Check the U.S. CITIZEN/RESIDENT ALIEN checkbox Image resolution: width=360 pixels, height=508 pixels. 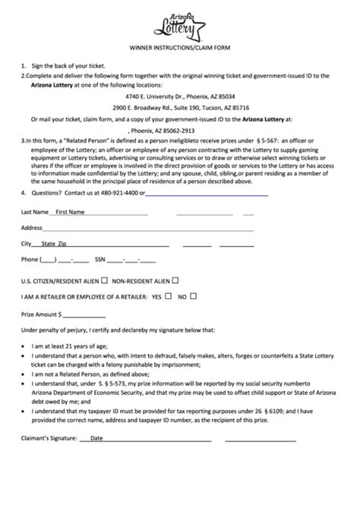104,279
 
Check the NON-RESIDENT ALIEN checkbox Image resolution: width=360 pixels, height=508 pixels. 175,279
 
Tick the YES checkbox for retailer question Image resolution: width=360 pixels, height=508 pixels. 168,297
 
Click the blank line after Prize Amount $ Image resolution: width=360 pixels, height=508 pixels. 85,315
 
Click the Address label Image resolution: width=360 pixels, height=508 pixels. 31,227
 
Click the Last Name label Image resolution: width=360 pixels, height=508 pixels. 35,211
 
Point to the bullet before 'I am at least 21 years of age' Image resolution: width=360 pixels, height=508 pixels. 23,346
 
